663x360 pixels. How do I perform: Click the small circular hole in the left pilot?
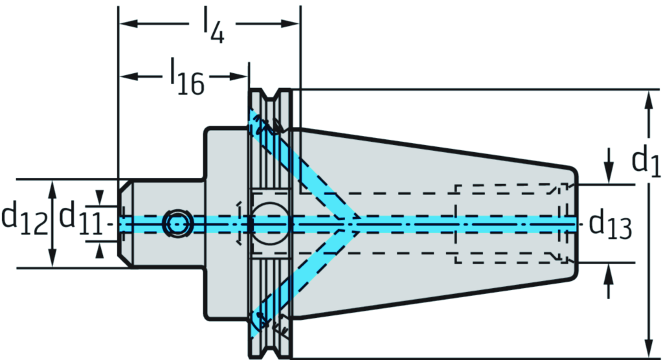(177, 223)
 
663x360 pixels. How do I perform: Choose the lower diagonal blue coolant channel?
(304, 278)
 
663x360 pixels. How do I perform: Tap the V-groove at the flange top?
(270, 97)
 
